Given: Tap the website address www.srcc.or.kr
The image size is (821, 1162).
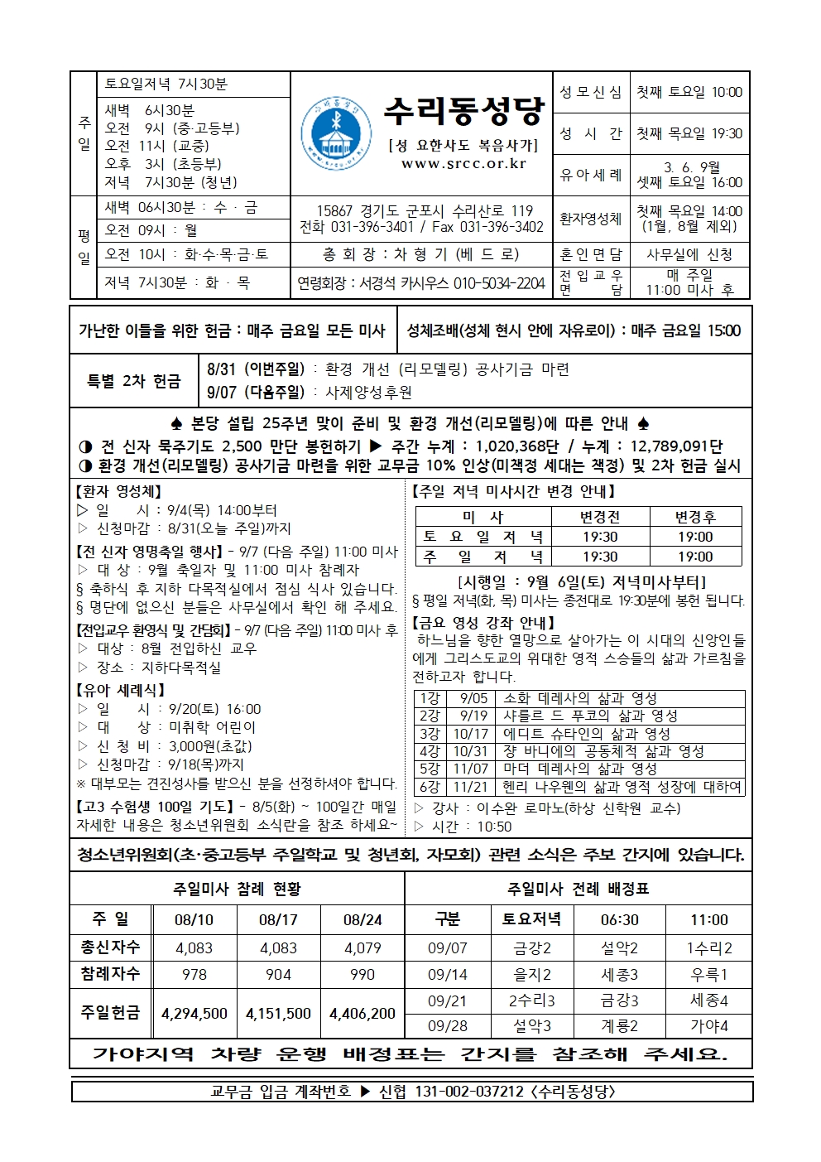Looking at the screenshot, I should pos(463,164).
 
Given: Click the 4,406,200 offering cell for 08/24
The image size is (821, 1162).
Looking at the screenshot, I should pos(362,1013).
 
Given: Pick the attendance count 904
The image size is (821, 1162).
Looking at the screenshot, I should pos(278,975).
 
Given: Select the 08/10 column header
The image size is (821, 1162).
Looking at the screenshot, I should pos(194,919).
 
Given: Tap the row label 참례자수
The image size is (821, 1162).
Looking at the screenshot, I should pos(110,974).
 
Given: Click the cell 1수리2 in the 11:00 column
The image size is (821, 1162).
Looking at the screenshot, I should pos(708,948).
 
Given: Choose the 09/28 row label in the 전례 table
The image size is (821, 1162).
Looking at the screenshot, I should pos(447,1026).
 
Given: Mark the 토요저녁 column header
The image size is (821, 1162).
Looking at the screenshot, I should pos(531,919).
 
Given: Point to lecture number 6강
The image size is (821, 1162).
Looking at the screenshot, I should pos(430,787).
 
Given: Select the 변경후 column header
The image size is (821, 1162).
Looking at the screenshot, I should pos(695,517).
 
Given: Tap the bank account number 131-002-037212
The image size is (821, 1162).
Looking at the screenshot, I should pos(451,1092).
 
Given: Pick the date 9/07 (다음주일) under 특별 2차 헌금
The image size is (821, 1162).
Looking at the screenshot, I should pos(256,392).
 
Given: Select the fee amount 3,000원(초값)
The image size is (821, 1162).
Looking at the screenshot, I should pos(210,745).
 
